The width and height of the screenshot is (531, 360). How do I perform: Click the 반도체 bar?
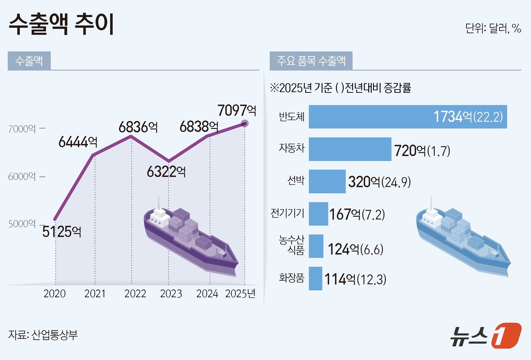pyautogui.click(x=408, y=117)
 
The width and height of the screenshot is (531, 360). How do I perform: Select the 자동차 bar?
pyautogui.click(x=350, y=149)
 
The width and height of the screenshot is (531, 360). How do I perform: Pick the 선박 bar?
pyautogui.click(x=327, y=182)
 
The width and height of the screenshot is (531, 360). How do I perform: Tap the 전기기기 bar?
pyautogui.click(x=318, y=214)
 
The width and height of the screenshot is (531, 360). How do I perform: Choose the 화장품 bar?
pyautogui.click(x=315, y=279)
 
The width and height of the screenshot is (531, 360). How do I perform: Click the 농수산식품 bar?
pyautogui.click(x=316, y=246)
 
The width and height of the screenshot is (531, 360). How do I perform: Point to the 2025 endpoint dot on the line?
pyautogui.click(x=245, y=124)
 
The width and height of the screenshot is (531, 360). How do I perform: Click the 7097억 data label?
pyautogui.click(x=237, y=111)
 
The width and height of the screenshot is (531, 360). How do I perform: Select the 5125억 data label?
pyautogui.click(x=62, y=232)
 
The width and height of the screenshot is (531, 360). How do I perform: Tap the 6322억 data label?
pyautogui.click(x=166, y=172)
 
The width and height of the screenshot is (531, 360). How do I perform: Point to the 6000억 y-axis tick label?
pyautogui.click(x=22, y=177)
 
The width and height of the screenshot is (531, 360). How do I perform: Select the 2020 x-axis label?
pyautogui.click(x=55, y=294)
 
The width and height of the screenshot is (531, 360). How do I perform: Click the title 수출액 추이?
pyautogui.click(x=61, y=25)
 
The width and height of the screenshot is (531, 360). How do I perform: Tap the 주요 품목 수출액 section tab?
pyautogui.click(x=311, y=61)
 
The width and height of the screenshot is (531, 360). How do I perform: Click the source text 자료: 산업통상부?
pyautogui.click(x=43, y=335)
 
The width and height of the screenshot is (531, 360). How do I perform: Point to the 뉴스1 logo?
pyautogui.click(x=485, y=335)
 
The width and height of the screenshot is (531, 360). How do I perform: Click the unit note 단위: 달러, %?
pyautogui.click(x=493, y=28)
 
